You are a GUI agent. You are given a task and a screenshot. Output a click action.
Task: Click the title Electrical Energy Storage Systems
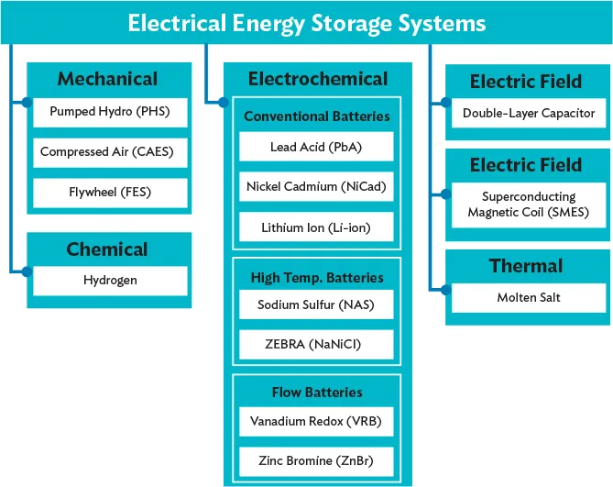click(x=306, y=22)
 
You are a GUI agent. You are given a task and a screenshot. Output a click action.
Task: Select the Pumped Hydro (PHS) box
click(x=110, y=115)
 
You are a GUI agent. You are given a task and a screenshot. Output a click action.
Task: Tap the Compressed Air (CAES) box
click(x=110, y=152)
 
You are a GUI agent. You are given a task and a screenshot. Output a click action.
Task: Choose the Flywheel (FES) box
click(x=110, y=193)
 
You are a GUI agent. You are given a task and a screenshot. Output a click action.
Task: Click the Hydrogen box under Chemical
click(x=110, y=280)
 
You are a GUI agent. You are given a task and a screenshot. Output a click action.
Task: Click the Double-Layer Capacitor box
click(x=529, y=114)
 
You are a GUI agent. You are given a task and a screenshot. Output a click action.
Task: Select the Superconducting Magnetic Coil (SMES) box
click(x=529, y=205)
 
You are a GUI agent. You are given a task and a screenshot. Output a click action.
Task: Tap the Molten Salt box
click(x=529, y=297)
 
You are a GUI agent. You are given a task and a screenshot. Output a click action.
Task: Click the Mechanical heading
click(x=107, y=79)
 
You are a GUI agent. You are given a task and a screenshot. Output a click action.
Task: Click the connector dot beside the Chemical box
click(x=27, y=271)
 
